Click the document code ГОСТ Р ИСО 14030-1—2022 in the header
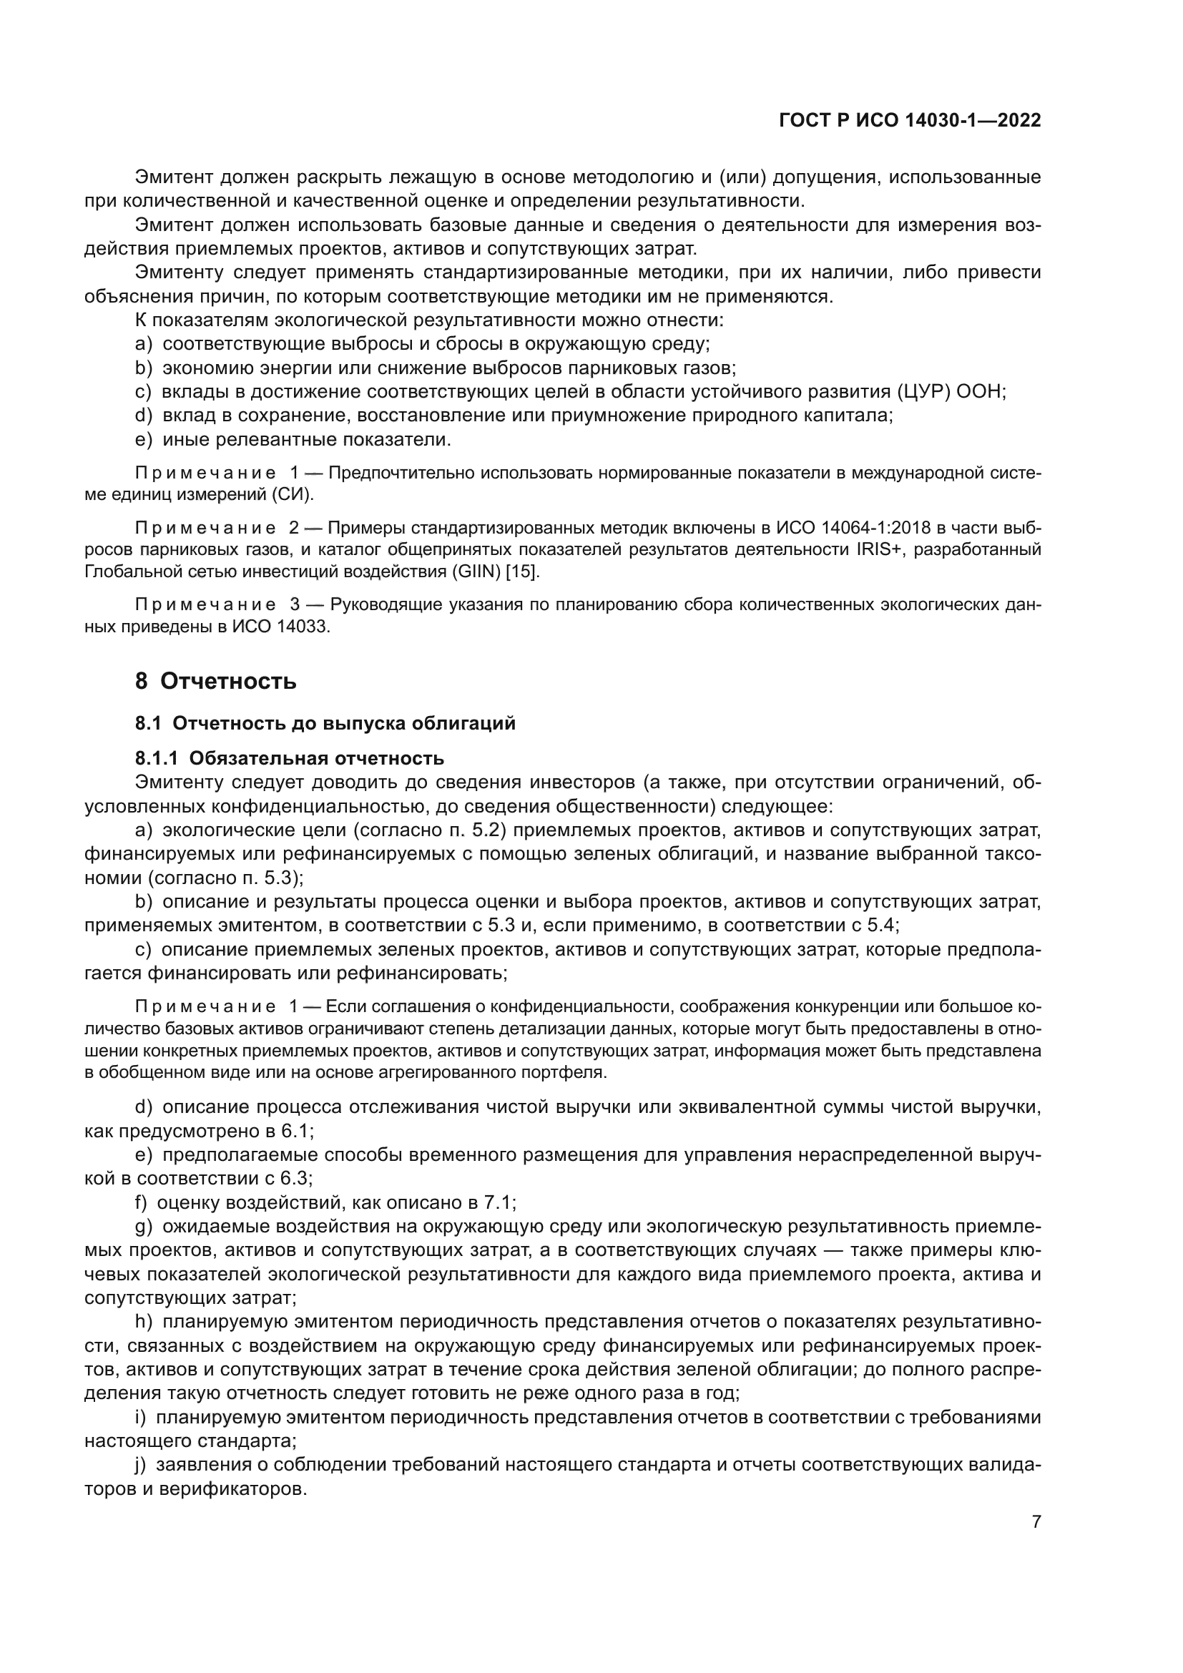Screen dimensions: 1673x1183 [x=909, y=120]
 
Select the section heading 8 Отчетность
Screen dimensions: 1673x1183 [x=215, y=682]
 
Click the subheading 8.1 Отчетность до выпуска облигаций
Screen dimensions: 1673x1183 [x=325, y=723]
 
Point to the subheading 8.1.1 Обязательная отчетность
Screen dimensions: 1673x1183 [x=289, y=757]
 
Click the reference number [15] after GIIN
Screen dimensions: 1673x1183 [x=524, y=572]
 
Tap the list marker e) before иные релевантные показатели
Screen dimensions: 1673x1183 [x=144, y=439]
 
